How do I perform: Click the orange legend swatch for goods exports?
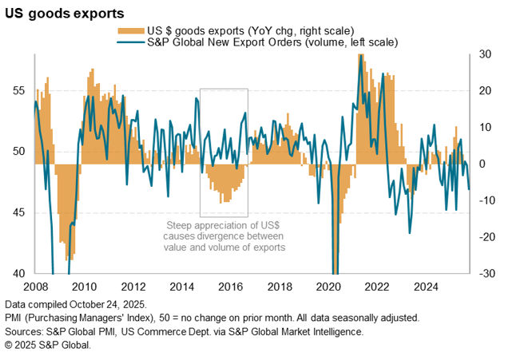[129, 30]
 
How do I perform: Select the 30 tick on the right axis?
[485, 54]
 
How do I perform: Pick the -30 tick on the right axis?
[486, 273]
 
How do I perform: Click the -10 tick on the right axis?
[486, 200]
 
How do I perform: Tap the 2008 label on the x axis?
[36, 287]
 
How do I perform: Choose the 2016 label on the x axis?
[230, 287]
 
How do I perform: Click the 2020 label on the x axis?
[328, 287]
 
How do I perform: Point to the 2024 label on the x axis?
[425, 287]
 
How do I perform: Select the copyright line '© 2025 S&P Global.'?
[48, 345]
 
